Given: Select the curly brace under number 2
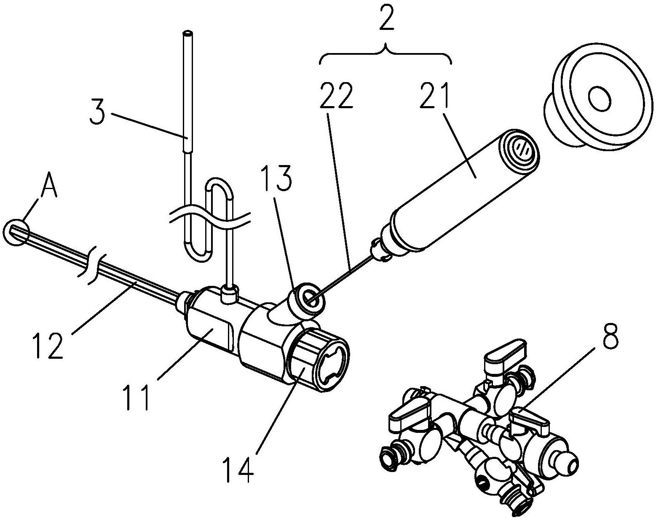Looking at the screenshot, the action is [386, 56].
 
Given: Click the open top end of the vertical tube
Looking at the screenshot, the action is [187, 32].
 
